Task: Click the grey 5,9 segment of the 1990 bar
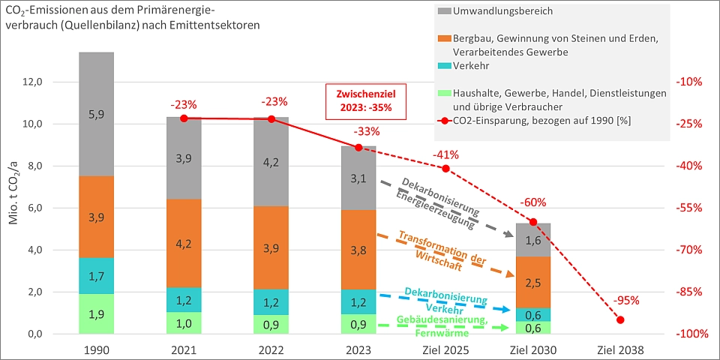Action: point(96,114)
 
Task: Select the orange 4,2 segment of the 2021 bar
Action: point(184,242)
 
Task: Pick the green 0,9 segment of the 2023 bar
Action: point(358,323)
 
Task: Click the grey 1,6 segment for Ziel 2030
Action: point(533,240)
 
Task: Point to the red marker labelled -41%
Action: point(446,168)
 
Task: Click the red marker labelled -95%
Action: point(620,319)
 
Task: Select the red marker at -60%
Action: point(533,222)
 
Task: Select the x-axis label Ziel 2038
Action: point(620,349)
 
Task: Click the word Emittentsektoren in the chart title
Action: point(217,25)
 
